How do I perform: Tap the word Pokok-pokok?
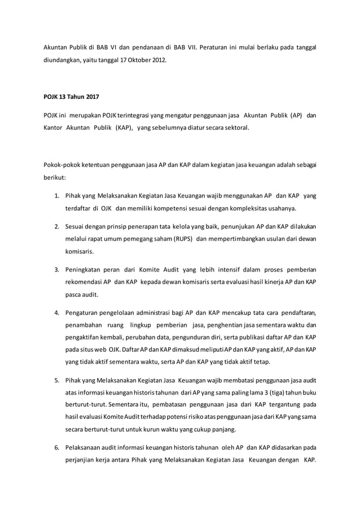61,165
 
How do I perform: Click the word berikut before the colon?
55,178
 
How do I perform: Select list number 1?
56,196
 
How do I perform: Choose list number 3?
56,269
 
